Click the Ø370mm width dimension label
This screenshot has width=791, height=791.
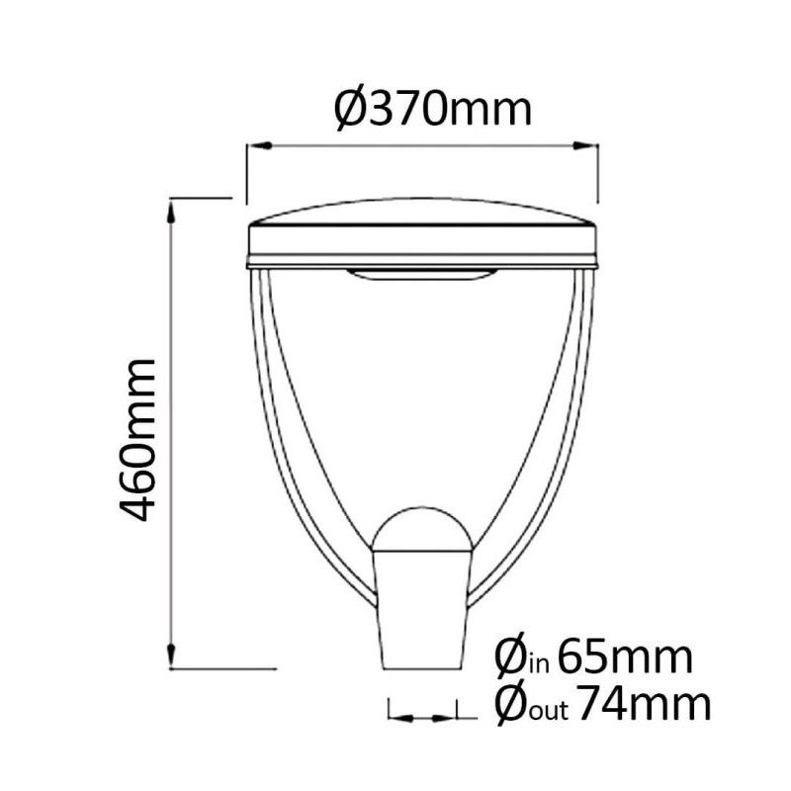pos(433,108)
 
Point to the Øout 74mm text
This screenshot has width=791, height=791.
pos(601,704)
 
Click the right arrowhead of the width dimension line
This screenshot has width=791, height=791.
pos(592,146)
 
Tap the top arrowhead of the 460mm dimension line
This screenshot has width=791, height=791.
pos(173,207)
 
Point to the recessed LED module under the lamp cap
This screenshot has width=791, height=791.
pos(422,277)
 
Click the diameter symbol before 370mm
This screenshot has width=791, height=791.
pos(353,108)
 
